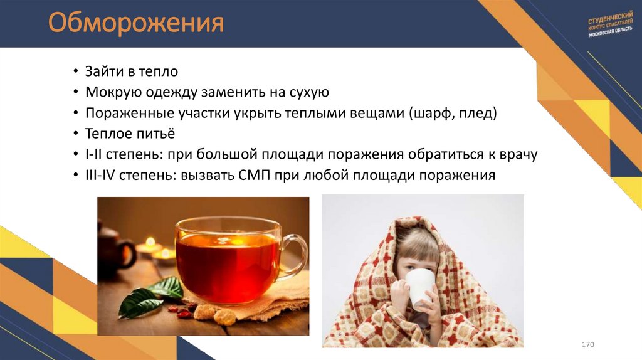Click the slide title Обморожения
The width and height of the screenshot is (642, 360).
click(136, 24)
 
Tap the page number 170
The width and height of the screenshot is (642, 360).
click(587, 346)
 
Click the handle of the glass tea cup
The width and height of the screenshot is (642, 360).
click(295, 255)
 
